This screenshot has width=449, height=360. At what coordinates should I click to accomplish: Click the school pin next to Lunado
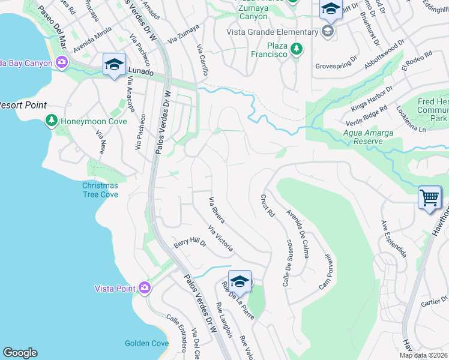114,64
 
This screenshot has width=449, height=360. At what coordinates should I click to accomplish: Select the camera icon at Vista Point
144,289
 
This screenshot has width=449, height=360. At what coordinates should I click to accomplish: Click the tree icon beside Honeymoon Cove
52,121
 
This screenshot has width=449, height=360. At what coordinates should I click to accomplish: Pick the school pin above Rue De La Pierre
240,280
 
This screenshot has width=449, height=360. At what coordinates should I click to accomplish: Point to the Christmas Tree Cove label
100,190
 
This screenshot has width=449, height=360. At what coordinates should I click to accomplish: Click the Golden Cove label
146,343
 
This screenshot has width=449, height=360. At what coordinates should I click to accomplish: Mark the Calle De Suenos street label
287,262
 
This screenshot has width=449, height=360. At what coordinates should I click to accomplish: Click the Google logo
20,353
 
